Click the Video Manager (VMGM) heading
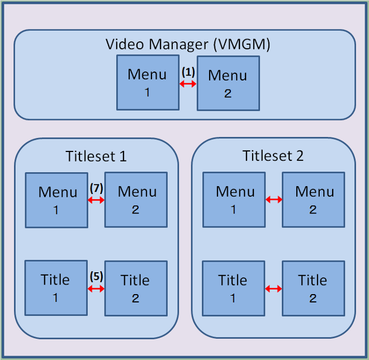pos(188,45)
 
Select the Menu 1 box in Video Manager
pos(148,82)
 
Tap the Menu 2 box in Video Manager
pos(228,82)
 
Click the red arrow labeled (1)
pos(188,84)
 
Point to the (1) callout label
pos(188,72)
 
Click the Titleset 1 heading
pos(96,156)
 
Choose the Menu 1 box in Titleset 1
pos(56,200)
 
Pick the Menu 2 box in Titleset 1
pos(136,200)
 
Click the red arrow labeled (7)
pos(96,200)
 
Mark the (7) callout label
pos(96,188)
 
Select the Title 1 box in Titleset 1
pos(56,287)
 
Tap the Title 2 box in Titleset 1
pos(136,288)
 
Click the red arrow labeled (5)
pos(96,288)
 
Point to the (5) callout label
pos(96,276)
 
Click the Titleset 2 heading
pos(273,156)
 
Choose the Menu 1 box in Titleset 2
pos(234,200)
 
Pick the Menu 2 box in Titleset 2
pos(313,200)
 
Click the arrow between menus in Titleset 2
pos(273,200)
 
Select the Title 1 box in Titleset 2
pos(233,287)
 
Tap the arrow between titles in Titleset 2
pos(273,288)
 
